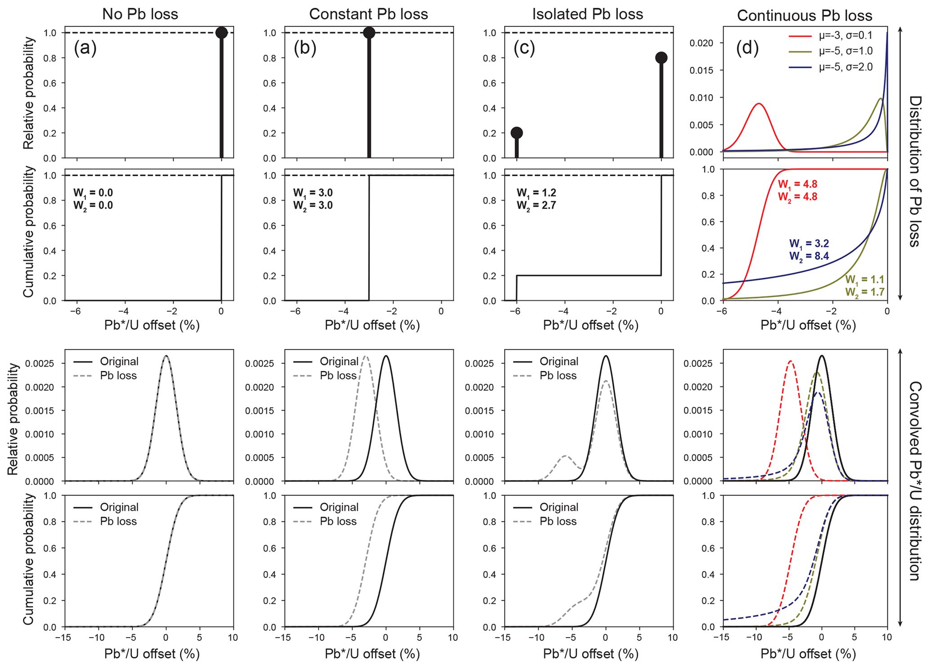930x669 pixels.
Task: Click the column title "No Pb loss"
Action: pos(140,14)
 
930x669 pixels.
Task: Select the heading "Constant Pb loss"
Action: pos(368,14)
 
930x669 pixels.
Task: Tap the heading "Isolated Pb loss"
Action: pos(588,14)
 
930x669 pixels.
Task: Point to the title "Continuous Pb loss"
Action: pos(804,16)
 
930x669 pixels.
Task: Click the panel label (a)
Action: pos(85,48)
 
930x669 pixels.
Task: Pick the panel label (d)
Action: pos(747,48)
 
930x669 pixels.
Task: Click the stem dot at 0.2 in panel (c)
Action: pos(517,133)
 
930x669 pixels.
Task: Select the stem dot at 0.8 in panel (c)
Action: pos(661,58)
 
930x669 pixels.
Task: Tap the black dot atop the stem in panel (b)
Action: pos(369,32)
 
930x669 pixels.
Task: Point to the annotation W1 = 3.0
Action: pos(313,193)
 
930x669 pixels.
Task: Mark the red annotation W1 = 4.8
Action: pos(797,184)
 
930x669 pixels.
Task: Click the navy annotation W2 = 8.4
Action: pos(809,256)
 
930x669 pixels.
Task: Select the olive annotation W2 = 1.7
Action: pos(865,292)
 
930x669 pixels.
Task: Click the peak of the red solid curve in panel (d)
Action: pos(759,103)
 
